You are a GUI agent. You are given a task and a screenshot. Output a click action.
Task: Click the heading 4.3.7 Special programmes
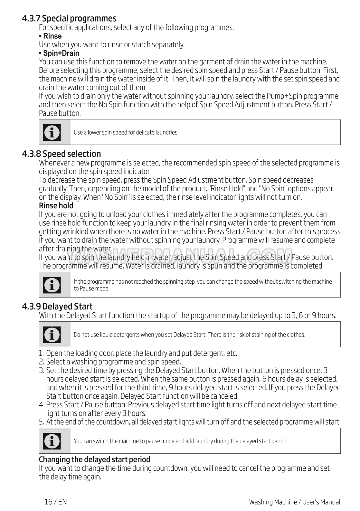click(69, 18)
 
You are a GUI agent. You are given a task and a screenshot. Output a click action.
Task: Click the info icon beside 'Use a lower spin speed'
click(52, 132)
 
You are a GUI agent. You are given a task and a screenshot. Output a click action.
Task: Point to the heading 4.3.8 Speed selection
click(62, 154)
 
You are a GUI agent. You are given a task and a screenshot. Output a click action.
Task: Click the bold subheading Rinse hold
click(56, 206)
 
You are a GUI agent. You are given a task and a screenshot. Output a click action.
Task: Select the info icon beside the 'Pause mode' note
click(52, 285)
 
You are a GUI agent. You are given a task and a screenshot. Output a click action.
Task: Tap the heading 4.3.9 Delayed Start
click(57, 307)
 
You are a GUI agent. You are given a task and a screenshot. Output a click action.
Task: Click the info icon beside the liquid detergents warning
click(52, 335)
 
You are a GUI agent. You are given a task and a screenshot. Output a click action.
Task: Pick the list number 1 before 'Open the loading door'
click(41, 354)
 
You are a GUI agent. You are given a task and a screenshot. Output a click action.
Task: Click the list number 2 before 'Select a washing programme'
click(41, 362)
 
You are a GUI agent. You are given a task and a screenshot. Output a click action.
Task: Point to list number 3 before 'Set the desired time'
click(41, 371)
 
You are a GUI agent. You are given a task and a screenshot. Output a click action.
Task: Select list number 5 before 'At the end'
click(41, 422)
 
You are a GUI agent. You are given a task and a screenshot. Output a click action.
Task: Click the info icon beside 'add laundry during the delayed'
click(52, 441)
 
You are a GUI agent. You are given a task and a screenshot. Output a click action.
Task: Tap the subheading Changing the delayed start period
click(95, 459)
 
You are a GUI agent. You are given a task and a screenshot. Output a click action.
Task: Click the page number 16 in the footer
click(49, 502)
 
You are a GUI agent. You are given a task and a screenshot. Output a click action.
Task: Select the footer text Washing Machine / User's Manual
click(294, 502)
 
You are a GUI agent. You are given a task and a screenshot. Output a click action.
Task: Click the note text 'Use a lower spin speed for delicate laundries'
click(126, 132)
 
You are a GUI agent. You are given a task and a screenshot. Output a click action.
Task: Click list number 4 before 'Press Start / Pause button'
click(42, 405)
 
